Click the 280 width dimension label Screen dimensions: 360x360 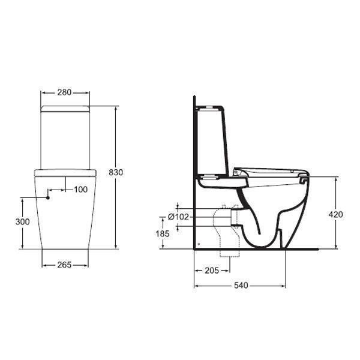click(64, 92)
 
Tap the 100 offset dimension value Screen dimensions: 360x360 click(80, 190)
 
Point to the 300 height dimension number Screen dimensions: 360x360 click(22, 221)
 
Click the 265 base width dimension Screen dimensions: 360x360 click(64, 265)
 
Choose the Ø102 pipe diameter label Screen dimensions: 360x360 click(178, 217)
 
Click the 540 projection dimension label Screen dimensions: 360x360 click(240, 286)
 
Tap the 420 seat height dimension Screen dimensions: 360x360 click(335, 214)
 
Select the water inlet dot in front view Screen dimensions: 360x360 click(48, 196)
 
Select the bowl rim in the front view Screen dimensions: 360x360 click(65, 172)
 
